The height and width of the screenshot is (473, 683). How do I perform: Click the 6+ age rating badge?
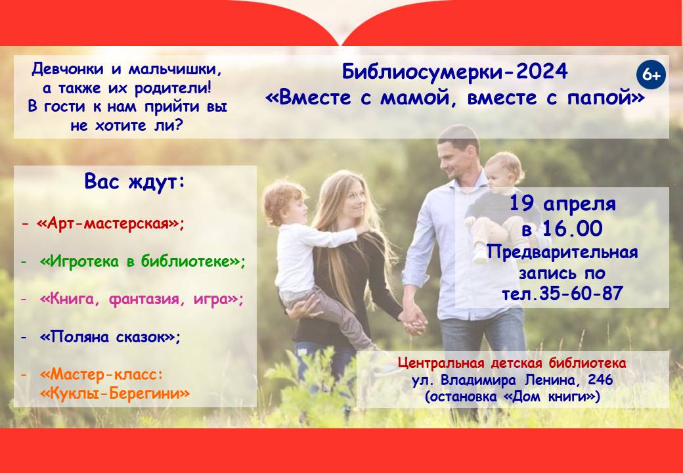click(651, 75)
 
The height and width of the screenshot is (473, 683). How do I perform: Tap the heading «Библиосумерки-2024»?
click(454, 72)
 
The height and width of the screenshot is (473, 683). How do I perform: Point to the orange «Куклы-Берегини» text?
click(115, 394)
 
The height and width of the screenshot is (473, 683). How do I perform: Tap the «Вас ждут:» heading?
click(135, 182)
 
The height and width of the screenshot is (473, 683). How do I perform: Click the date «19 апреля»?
click(562, 204)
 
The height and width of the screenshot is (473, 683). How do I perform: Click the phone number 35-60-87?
click(581, 294)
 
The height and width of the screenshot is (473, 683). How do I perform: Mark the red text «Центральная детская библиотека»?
click(512, 363)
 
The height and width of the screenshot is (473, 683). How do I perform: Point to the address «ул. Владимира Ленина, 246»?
click(513, 380)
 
